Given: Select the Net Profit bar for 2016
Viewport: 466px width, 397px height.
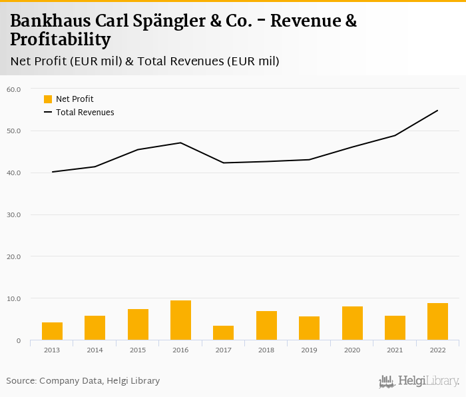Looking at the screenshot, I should (x=180, y=320).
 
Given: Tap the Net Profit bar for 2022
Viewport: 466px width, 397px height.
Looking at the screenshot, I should (x=437, y=322).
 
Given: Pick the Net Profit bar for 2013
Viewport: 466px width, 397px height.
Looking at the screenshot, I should (x=52, y=331).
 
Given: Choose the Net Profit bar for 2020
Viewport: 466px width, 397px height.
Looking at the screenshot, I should (x=352, y=323).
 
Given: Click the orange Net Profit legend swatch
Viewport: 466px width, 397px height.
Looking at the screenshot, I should (x=48, y=99).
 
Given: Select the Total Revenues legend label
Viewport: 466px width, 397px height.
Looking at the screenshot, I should (x=85, y=113).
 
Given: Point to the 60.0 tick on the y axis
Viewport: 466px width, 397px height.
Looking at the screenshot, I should (x=14, y=89).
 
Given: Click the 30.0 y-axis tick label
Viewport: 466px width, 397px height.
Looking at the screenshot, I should (x=14, y=215).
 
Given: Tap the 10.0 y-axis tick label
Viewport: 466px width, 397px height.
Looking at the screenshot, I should (x=14, y=299).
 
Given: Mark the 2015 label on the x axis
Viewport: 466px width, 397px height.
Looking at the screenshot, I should (x=138, y=350).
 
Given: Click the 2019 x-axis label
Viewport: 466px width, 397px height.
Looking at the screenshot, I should (x=309, y=350).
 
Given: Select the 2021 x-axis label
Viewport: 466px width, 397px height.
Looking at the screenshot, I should (x=395, y=350).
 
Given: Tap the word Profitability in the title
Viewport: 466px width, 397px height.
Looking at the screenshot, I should (x=60, y=40).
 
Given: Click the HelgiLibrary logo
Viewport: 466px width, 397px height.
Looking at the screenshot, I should (x=419, y=381).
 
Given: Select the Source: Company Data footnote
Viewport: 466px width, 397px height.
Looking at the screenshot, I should (x=83, y=381).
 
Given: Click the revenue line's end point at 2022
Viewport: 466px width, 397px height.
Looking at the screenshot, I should (x=437, y=111).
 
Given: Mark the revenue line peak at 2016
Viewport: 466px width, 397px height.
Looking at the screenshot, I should (x=180, y=143).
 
